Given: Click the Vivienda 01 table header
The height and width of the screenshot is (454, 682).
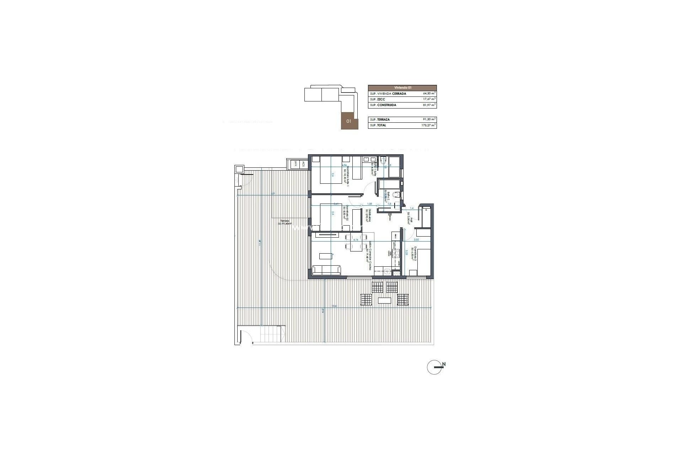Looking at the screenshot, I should coord(402,88).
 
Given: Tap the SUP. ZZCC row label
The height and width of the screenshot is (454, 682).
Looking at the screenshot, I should coord(378,99).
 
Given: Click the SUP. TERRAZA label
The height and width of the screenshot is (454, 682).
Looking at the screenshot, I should coord(380,120).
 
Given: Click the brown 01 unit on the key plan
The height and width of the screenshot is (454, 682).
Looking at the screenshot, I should coord(349,121).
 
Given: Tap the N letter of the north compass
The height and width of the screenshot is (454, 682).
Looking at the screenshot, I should coord(444,364).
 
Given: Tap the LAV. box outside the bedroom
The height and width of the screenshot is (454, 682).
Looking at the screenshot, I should coord(294,164).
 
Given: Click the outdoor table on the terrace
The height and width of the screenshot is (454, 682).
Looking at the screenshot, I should coord(385,301).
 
